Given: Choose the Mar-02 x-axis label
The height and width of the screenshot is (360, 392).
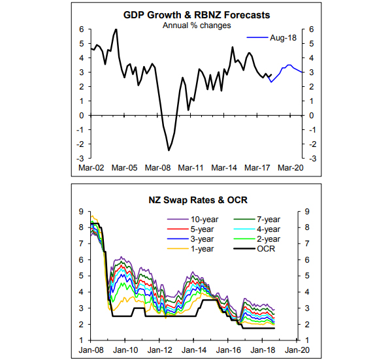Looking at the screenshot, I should coord(90,167).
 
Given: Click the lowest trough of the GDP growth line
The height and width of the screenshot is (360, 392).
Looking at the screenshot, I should coord(169,150).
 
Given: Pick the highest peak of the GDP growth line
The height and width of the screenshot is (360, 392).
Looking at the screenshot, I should coord(116,29).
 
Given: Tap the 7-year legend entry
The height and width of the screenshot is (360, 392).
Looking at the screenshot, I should coord(265,220).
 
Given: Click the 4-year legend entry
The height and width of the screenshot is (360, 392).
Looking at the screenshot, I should coord(265,229).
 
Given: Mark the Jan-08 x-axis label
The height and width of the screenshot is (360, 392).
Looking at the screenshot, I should coord(90,350).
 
